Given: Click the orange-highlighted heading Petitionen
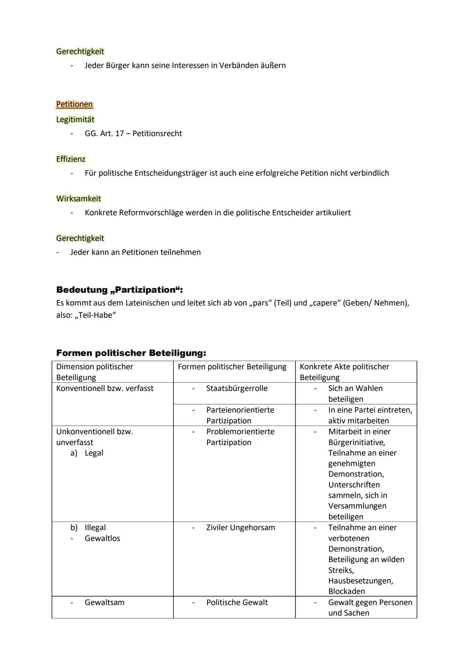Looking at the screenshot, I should pyautogui.click(x=74, y=104).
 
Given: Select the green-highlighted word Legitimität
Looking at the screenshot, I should pyautogui.click(x=75, y=120).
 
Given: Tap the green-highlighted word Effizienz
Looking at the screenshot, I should pyautogui.click(x=71, y=159).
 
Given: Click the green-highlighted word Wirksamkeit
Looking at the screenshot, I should pyautogui.click(x=78, y=199).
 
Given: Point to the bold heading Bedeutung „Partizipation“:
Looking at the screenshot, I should pyautogui.click(x=119, y=290).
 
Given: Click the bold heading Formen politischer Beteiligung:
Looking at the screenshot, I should pyautogui.click(x=131, y=353).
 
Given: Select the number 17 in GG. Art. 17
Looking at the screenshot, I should pyautogui.click(x=119, y=134).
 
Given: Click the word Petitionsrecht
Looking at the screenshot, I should pyautogui.click(x=157, y=134).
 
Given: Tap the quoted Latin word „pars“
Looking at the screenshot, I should pyautogui.click(x=260, y=303).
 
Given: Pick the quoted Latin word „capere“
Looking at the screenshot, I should pyautogui.click(x=325, y=303).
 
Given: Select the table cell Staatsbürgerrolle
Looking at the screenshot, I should pyautogui.click(x=236, y=388).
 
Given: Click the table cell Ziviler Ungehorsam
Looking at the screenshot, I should pyautogui.click(x=240, y=528).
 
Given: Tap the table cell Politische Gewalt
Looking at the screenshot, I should pyautogui.click(x=237, y=602).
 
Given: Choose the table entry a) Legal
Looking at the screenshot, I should pyautogui.click(x=87, y=453).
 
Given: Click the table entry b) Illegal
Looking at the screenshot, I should pyautogui.click(x=88, y=528).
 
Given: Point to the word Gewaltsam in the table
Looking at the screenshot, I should pyautogui.click(x=104, y=602).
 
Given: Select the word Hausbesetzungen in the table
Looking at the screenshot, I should pyautogui.click(x=360, y=581).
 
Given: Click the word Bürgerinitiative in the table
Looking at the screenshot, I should pyautogui.click(x=356, y=443).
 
